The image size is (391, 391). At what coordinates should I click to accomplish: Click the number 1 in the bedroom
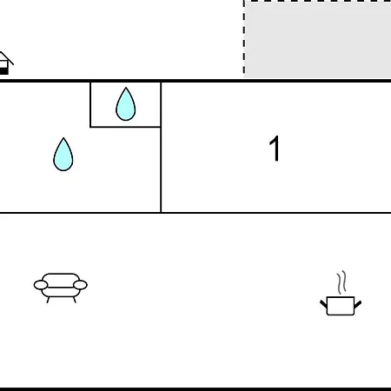[x=275, y=149]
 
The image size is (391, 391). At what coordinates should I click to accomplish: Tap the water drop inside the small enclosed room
[x=126, y=104]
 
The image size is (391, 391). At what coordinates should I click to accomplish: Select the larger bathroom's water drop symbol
[x=63, y=155]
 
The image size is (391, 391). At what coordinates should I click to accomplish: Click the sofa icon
[x=61, y=288]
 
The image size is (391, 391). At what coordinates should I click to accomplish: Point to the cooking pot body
[x=341, y=306]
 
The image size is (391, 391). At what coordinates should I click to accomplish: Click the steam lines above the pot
[x=341, y=282]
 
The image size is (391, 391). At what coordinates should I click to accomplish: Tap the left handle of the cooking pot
[x=323, y=304]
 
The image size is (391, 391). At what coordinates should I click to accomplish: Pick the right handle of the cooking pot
[x=358, y=304]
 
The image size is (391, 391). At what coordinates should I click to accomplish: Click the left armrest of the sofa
[x=41, y=285]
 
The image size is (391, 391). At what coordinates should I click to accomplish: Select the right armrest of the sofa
[x=80, y=285]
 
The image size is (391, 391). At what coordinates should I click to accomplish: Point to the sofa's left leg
[x=48, y=300]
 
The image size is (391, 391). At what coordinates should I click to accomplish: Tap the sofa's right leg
[x=75, y=300]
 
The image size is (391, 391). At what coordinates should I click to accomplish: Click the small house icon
[x=5, y=63]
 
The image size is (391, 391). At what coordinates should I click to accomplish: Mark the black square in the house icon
[x=3, y=71]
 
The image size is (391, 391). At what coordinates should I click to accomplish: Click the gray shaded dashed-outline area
[x=318, y=39]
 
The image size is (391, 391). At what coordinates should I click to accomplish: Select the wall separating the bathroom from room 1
[x=161, y=148]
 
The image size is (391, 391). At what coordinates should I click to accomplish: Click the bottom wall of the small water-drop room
[x=125, y=127]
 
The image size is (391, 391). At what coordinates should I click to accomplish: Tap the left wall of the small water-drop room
[x=90, y=105]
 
